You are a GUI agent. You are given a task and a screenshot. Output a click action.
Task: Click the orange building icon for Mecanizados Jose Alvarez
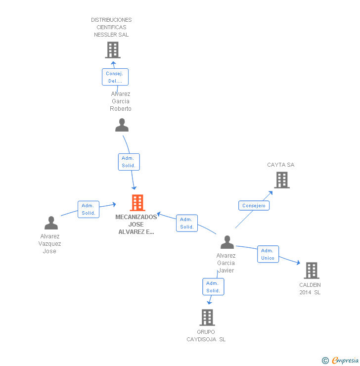(137, 202)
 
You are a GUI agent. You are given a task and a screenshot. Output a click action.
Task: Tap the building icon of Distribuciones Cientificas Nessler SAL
(113, 49)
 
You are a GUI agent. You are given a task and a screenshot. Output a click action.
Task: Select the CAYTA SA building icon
(282, 180)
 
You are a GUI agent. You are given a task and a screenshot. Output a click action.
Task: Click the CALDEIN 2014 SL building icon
(311, 271)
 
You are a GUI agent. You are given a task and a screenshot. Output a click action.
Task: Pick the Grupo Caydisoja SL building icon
(207, 317)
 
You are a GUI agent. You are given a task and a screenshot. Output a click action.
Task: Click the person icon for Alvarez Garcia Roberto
(122, 125)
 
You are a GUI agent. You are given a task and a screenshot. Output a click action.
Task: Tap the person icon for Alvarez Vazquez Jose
(51, 223)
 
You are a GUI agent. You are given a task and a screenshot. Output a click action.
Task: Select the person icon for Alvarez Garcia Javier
(227, 242)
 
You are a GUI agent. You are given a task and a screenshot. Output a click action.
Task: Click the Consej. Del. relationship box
(115, 77)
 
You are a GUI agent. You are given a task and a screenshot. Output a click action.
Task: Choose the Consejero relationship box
(254, 206)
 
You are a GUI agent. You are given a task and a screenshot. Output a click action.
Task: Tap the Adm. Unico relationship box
(268, 254)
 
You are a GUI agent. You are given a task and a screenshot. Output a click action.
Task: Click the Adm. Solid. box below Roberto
(129, 162)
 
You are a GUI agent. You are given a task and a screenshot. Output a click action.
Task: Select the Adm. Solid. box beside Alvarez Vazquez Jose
(89, 209)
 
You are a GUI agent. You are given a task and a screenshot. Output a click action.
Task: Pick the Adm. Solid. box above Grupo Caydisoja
(213, 287)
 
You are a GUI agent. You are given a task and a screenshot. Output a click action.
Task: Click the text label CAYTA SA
(281, 165)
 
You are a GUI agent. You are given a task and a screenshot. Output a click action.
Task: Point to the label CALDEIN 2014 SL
(310, 288)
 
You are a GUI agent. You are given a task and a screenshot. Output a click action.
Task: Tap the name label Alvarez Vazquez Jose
(50, 243)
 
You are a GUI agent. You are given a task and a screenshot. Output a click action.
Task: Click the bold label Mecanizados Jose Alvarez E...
(136, 224)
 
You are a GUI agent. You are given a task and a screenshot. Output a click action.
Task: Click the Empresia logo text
(345, 361)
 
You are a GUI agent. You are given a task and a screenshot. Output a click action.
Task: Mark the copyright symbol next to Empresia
(325, 361)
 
